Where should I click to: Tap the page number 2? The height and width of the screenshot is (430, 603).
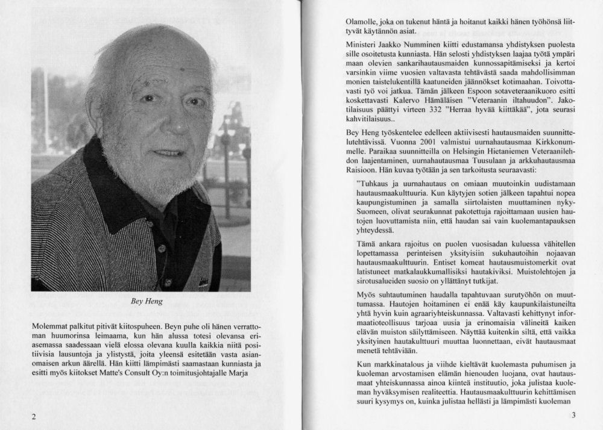(x=34, y=417)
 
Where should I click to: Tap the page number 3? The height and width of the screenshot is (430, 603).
(x=573, y=416)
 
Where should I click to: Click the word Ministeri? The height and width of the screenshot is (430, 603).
(x=363, y=45)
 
